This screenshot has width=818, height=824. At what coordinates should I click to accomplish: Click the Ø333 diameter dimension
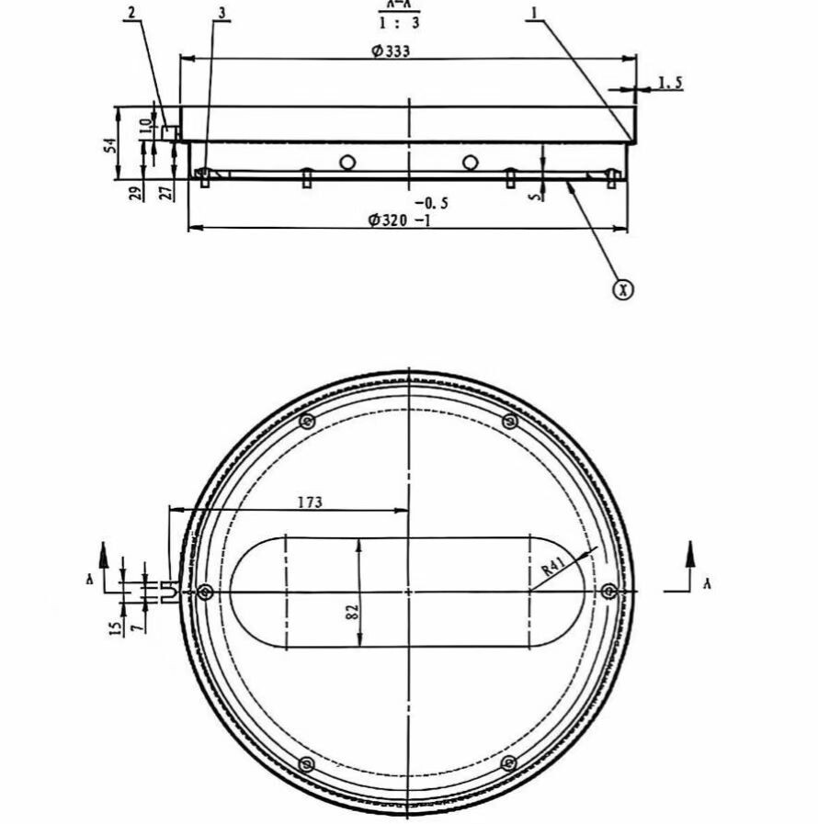pyautogui.click(x=391, y=51)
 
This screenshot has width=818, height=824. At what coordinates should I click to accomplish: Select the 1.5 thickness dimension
pyautogui.click(x=670, y=84)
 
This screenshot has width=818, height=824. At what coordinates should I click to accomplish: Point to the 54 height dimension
pyautogui.click(x=111, y=144)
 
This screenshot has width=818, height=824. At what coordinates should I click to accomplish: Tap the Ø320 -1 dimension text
pyautogui.click(x=399, y=220)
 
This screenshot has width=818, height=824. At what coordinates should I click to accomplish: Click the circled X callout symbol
pyautogui.click(x=624, y=289)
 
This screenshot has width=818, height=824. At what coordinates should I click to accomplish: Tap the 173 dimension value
pyautogui.click(x=310, y=502)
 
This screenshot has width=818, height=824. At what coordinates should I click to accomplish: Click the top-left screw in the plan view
pyautogui.click(x=308, y=422)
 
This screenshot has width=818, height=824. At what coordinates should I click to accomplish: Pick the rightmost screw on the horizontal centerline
pyautogui.click(x=608, y=592)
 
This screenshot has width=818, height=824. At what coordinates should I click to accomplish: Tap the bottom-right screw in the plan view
pyautogui.click(x=508, y=763)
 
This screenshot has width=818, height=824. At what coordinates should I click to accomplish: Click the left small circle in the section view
pyautogui.click(x=347, y=164)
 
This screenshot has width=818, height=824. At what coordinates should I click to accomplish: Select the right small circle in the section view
pyautogui.click(x=471, y=164)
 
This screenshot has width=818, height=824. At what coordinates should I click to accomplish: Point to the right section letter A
pyautogui.click(x=706, y=583)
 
